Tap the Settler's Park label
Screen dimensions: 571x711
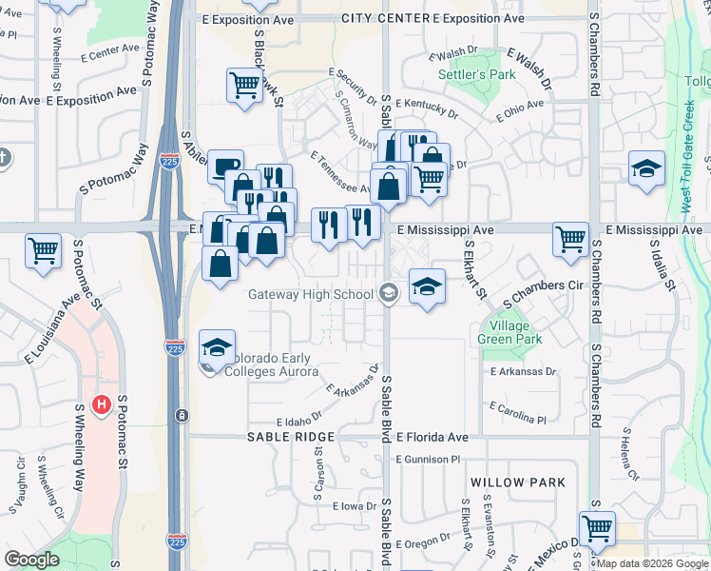(x=463, y=74)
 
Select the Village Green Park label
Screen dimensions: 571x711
(x=509, y=331)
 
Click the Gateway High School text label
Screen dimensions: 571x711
(x=311, y=294)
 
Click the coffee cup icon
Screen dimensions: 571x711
(x=225, y=167)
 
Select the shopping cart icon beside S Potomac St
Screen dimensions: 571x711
(x=45, y=252)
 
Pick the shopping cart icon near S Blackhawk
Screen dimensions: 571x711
(x=244, y=86)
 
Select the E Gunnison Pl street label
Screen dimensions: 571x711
(x=429, y=458)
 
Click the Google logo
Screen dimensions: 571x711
(x=33, y=561)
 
